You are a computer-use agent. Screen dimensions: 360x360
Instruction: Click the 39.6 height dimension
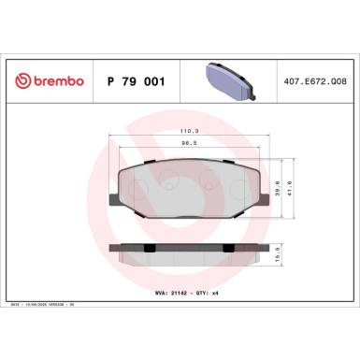click(x=278, y=184)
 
